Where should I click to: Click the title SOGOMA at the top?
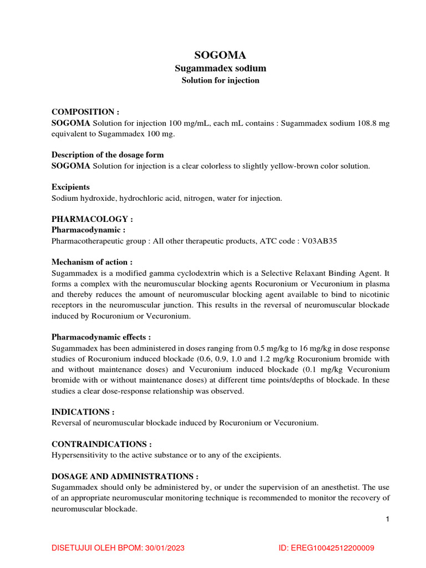220,54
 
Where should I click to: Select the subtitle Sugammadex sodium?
220,68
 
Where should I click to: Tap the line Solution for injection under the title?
220,80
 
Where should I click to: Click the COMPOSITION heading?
85,112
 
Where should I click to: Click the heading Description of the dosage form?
108,155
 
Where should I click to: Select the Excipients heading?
70,187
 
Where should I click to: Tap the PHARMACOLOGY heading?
92,219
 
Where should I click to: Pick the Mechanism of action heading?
92,262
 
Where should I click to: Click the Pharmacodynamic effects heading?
102,337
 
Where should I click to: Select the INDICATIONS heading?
83,412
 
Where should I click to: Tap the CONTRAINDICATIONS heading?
102,444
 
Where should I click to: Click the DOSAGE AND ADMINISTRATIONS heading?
125,476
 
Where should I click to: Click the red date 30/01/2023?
164,548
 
